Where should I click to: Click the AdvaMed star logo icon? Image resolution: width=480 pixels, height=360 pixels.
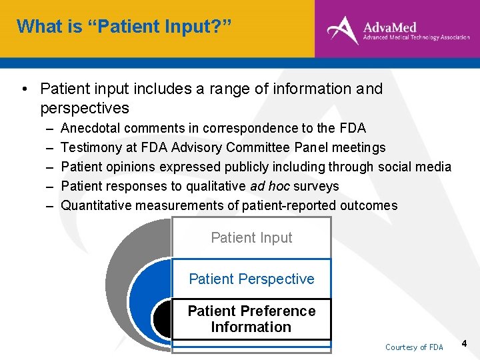click(x=342, y=30)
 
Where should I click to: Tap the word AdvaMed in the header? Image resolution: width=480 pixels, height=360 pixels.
click(x=389, y=27)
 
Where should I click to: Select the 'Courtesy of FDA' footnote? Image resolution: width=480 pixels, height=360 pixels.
click(x=414, y=347)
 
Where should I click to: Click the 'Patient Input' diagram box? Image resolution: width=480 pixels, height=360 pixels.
click(x=251, y=238)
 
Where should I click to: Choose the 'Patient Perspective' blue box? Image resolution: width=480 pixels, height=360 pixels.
click(x=251, y=279)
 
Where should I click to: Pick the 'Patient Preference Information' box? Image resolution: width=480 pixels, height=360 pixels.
click(x=251, y=319)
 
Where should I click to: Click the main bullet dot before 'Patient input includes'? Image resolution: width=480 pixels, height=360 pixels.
click(x=23, y=89)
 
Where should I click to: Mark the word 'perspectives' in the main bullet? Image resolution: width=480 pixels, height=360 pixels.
click(x=85, y=108)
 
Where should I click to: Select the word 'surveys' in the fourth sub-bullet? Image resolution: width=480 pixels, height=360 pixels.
click(x=317, y=186)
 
